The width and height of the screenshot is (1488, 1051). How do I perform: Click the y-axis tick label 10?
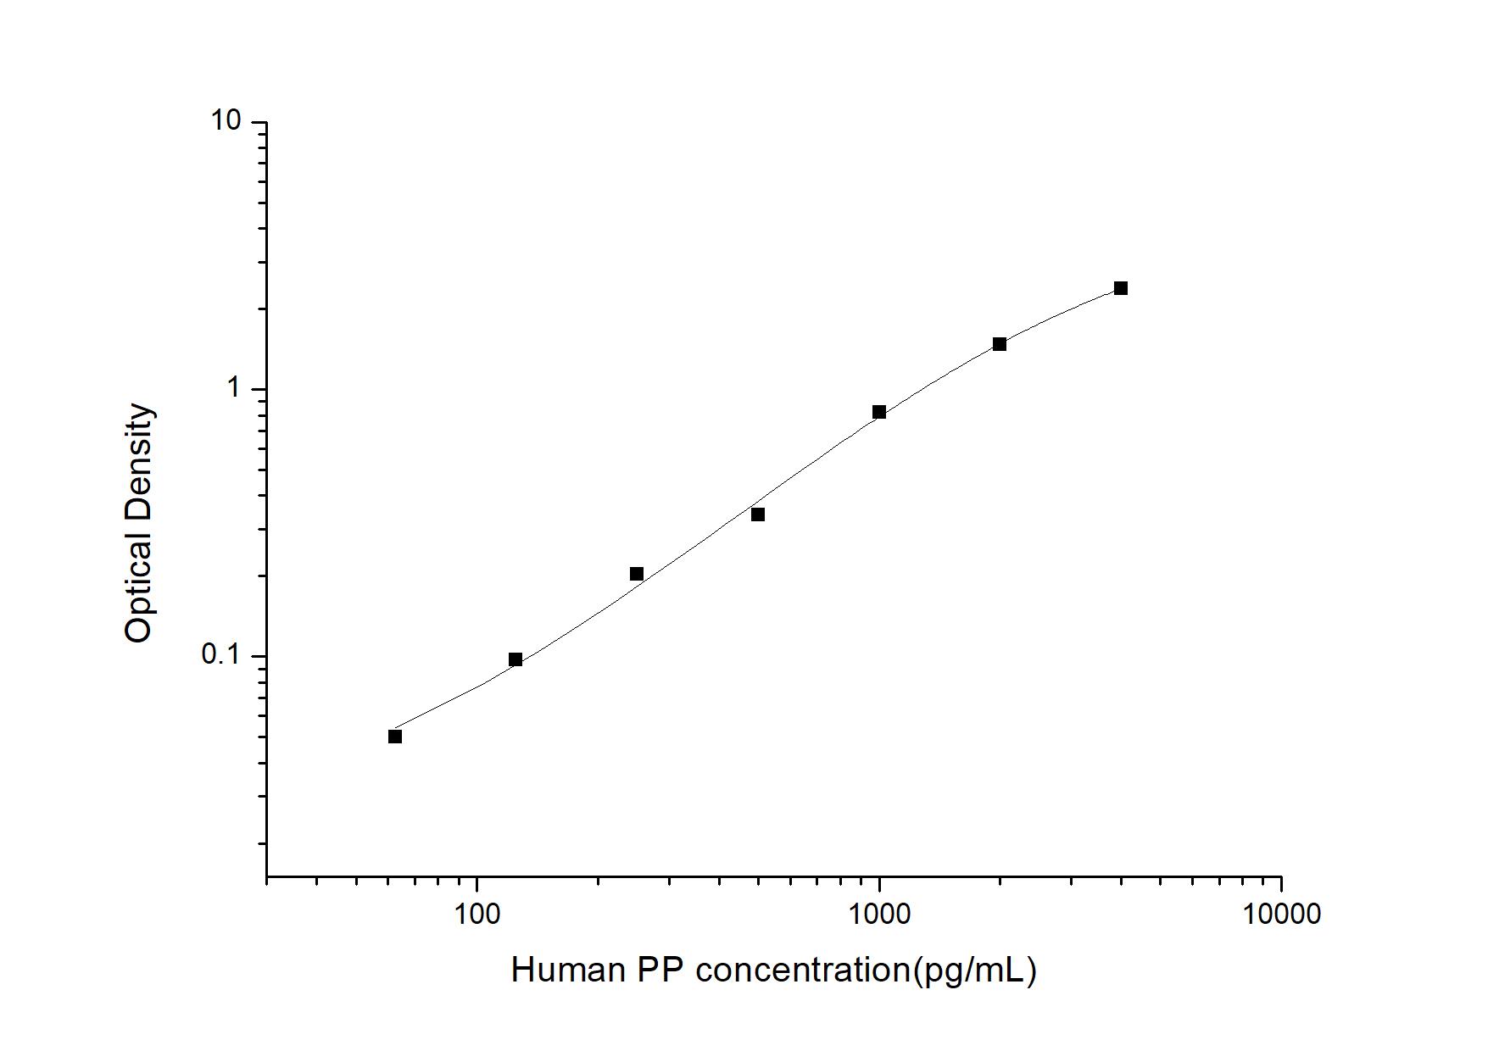(x=226, y=121)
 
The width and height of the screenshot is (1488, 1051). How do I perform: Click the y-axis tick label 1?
(x=234, y=388)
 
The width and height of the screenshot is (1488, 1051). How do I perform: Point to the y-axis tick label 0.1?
(x=220, y=654)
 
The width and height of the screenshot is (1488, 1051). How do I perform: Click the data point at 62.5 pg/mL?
(x=395, y=737)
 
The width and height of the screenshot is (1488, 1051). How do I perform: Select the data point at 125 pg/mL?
(x=516, y=659)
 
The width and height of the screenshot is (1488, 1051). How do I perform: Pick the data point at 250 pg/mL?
(x=637, y=574)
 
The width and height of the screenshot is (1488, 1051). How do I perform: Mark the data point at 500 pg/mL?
(x=758, y=514)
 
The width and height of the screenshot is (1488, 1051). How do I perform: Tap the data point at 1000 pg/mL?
(x=879, y=412)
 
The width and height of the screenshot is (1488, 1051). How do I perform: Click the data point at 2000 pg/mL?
(x=1000, y=344)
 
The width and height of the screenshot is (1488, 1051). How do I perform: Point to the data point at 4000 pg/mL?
(x=1121, y=288)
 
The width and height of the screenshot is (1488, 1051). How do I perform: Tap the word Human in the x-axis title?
(x=568, y=970)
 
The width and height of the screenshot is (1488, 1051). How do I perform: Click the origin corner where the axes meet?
(x=267, y=876)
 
